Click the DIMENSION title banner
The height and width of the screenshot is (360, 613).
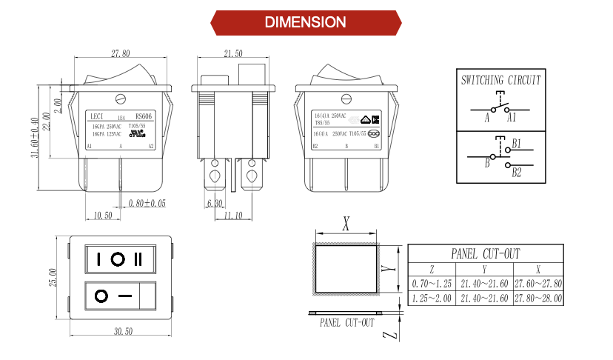[x=306, y=21]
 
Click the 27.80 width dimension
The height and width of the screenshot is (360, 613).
[x=121, y=53]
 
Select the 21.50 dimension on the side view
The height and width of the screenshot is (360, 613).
[x=232, y=53]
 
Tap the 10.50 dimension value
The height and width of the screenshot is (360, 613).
[x=103, y=216]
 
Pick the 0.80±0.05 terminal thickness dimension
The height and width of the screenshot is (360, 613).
[x=147, y=203]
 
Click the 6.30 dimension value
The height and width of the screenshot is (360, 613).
[x=215, y=203]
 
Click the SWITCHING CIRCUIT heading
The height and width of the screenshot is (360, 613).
[x=500, y=80]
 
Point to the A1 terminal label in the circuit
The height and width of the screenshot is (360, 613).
[x=511, y=118]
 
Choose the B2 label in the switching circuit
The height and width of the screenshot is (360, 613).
[x=517, y=173]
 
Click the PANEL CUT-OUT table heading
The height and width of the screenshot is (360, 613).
[x=486, y=253]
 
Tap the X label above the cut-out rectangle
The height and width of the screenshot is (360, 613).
[x=346, y=222]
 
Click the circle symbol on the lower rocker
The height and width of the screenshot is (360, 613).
[x=101, y=296]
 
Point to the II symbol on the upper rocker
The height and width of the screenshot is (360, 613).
[x=138, y=259]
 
